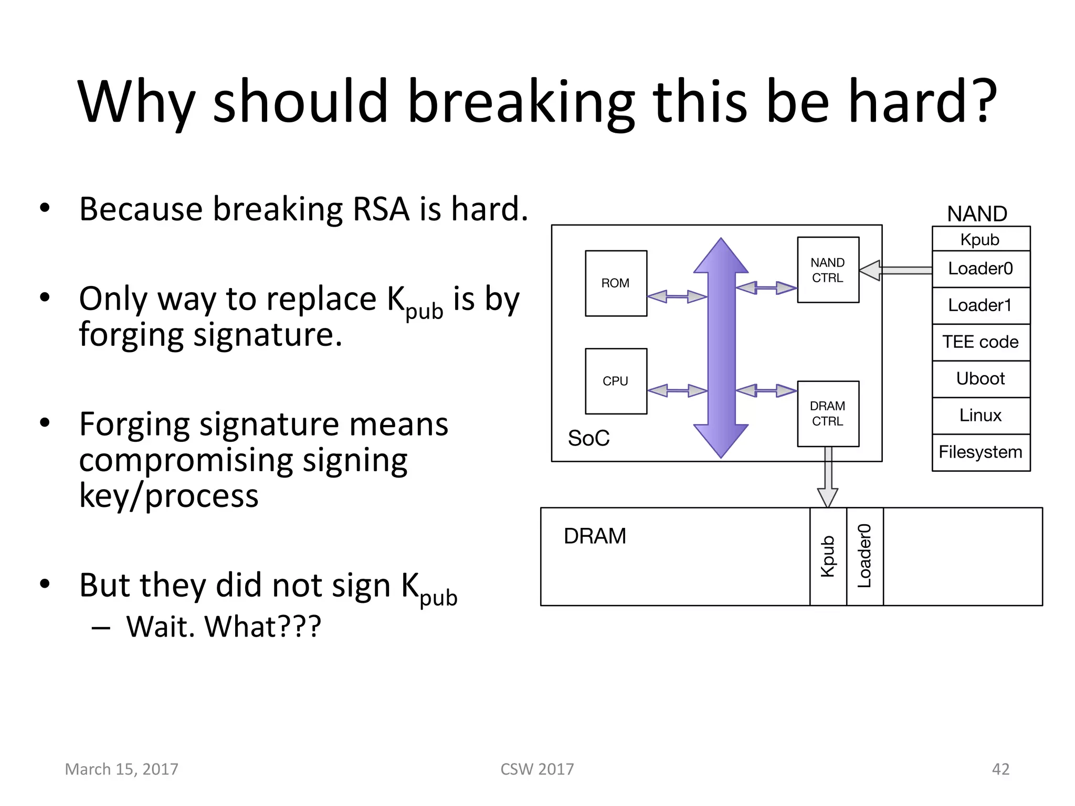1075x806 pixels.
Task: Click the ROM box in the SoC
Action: (x=616, y=283)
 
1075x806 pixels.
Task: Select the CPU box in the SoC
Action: (x=616, y=381)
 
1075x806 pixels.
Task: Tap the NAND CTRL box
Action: (x=828, y=270)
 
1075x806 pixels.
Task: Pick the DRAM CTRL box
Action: (x=828, y=413)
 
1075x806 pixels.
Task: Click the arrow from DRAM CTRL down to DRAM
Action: (x=828, y=478)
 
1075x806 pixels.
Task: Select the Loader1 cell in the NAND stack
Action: (x=981, y=305)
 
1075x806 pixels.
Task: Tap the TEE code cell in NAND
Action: (x=981, y=342)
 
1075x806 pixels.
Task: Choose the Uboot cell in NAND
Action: (x=981, y=379)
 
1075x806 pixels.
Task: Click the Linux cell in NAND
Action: (x=981, y=416)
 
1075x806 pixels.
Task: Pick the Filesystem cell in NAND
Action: (x=981, y=452)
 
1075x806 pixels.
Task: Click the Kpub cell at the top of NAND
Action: (x=981, y=239)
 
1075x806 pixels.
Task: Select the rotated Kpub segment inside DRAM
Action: (x=828, y=556)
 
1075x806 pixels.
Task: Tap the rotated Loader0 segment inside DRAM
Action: (x=865, y=556)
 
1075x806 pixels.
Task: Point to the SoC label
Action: (x=588, y=438)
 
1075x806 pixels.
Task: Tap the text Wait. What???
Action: (x=224, y=627)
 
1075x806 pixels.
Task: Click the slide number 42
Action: (x=1000, y=769)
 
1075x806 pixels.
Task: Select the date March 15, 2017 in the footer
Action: (x=122, y=769)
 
